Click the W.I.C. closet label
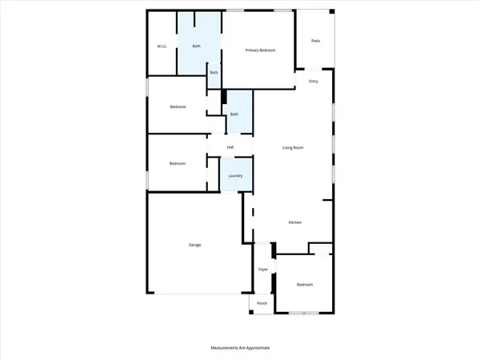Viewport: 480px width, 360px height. coord(162,46)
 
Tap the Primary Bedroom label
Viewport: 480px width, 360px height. coord(260,50)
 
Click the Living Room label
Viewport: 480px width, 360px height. coord(293,147)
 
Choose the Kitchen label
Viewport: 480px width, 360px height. coord(294,222)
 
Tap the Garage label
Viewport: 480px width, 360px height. coord(194,245)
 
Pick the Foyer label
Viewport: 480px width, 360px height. coord(262,270)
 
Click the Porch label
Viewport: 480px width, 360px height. coord(262,304)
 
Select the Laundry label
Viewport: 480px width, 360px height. coord(235,176)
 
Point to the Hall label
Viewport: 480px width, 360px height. coord(230,147)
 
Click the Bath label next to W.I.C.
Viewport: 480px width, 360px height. coord(197,46)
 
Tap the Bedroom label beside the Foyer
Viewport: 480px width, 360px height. coord(305,285)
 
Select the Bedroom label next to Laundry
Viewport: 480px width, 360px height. coord(178,164)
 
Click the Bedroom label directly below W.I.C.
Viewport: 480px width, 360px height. coord(178,106)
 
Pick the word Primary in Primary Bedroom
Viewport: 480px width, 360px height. coord(252,50)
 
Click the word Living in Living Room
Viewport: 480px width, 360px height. coord(287,147)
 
